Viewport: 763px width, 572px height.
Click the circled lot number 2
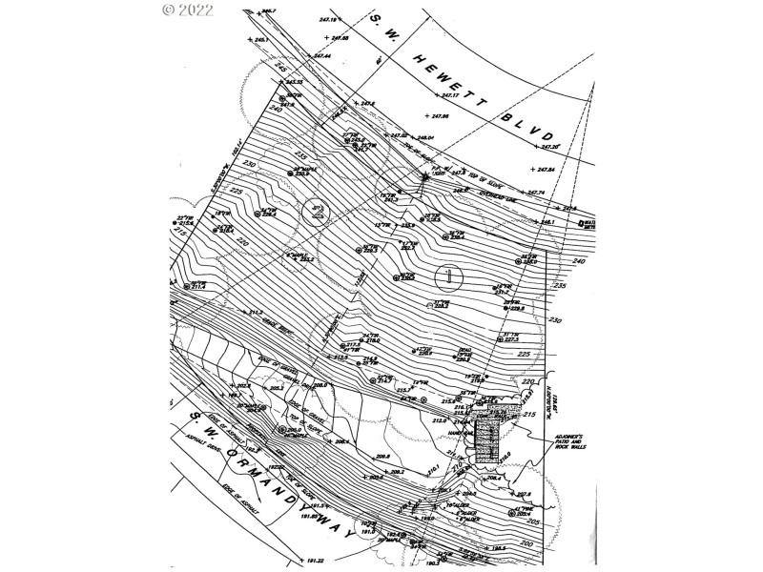(x=315, y=211)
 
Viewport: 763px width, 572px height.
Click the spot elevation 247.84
(x=545, y=170)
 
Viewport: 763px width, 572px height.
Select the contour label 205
(x=560, y=522)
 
